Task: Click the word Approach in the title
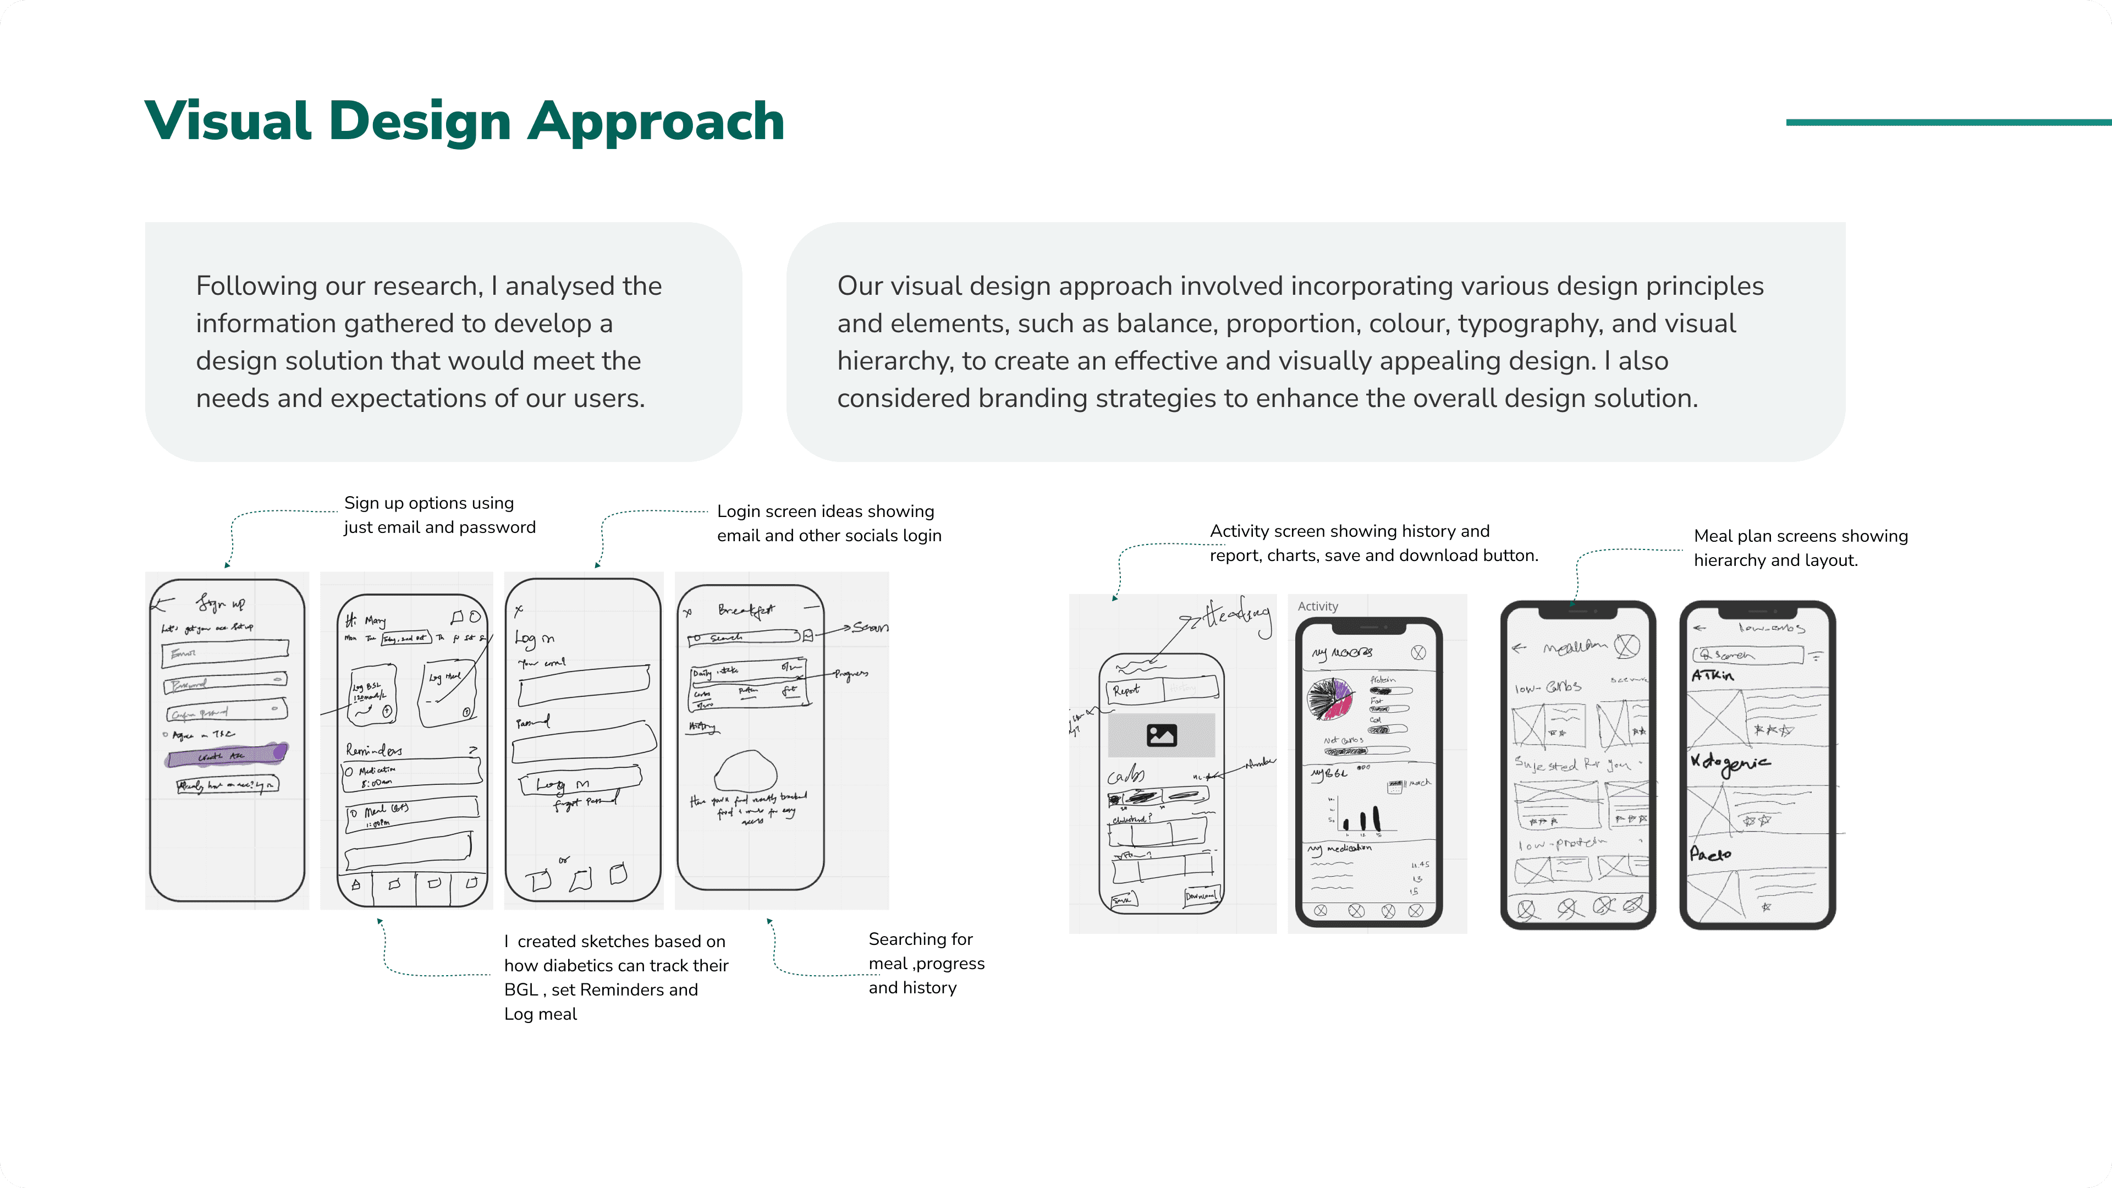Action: pos(656,122)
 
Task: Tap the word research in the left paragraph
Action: pos(423,286)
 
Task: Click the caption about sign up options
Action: pos(439,515)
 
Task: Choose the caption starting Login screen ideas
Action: pos(828,523)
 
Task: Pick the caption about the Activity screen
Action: pos(1373,543)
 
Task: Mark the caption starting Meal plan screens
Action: pos(1801,548)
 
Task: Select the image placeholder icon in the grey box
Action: pos(1161,735)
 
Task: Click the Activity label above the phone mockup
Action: pos(1318,606)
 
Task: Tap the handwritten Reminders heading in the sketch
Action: pos(374,749)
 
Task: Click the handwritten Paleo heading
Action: pos(1711,854)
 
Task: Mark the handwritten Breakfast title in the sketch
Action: pos(745,610)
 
